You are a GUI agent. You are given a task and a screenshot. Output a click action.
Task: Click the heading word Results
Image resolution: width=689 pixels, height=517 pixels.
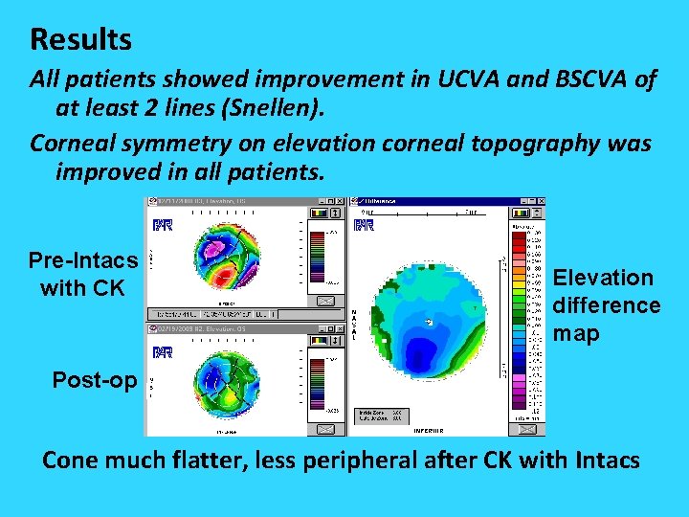(x=81, y=39)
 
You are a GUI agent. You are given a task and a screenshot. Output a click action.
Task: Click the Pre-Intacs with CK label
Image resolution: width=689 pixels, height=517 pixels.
(x=82, y=273)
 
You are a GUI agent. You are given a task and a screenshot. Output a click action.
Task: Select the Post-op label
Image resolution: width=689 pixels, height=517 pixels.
(x=94, y=380)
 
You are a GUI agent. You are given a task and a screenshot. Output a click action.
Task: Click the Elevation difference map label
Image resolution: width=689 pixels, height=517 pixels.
(x=607, y=305)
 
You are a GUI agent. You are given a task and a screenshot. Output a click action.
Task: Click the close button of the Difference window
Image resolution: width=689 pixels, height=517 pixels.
(x=540, y=202)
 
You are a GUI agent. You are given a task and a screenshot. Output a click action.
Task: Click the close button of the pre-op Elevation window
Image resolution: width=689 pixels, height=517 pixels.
(x=338, y=202)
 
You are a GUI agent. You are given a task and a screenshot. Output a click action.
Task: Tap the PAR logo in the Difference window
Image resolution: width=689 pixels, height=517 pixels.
(x=363, y=226)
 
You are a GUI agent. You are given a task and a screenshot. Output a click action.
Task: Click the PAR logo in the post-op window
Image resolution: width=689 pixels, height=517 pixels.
(x=162, y=350)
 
